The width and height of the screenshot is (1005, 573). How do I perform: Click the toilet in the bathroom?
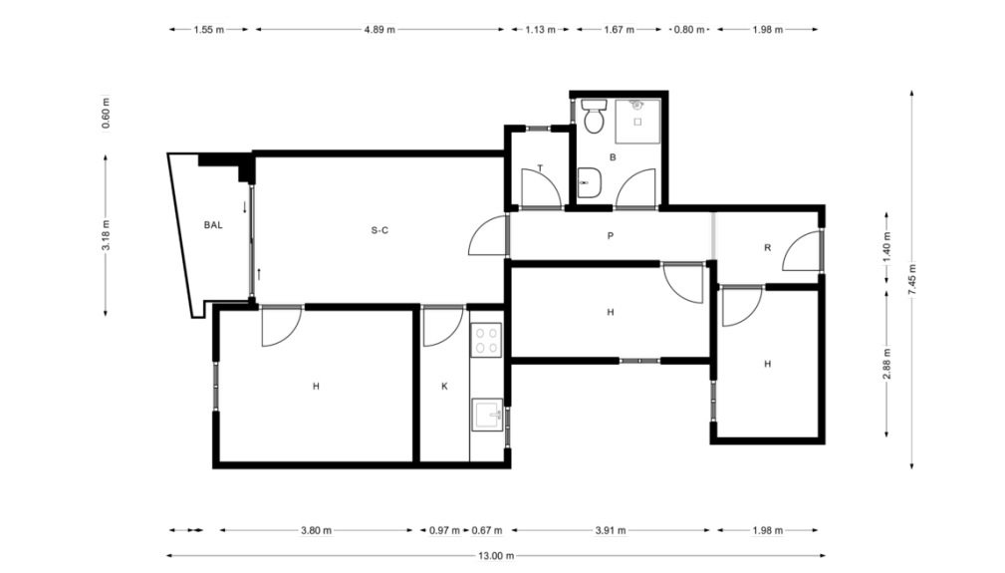click(x=594, y=116)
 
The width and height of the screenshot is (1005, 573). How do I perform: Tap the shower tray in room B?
click(x=637, y=122)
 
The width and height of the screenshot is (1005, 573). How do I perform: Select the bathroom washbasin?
click(x=589, y=183)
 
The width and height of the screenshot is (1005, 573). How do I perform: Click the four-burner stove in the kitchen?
click(x=486, y=341)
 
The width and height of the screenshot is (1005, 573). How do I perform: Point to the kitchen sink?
click(x=487, y=415)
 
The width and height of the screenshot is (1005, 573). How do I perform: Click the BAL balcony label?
click(x=213, y=225)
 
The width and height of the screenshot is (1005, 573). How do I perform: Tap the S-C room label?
click(x=379, y=230)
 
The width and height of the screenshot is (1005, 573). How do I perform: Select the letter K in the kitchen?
click(x=444, y=387)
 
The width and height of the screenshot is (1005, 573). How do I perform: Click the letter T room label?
click(x=540, y=168)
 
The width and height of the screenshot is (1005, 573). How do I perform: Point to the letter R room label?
click(x=767, y=247)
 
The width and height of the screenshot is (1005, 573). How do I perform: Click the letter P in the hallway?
click(x=611, y=236)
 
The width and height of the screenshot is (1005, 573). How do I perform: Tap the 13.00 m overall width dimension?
click(x=496, y=556)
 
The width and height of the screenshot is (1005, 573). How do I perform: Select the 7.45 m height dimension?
click(x=912, y=279)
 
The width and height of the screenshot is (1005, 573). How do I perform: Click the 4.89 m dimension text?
click(x=379, y=30)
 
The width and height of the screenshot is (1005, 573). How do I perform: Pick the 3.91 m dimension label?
click(x=611, y=530)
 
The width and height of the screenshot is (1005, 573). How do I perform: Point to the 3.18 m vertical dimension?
click(x=106, y=235)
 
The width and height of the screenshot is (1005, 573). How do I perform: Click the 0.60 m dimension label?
click(x=106, y=114)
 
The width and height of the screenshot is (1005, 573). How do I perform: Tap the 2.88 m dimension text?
click(x=887, y=364)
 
